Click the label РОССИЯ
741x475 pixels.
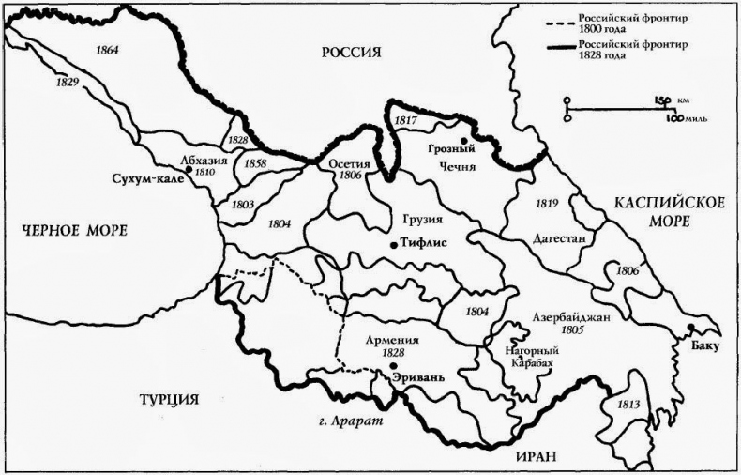coord(351,53)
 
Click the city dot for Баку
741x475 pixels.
coord(690,328)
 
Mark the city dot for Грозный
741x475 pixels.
coord(462,140)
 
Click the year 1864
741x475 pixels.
coord(108,49)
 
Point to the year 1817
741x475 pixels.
coord(406,120)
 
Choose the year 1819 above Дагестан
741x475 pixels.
coord(547,203)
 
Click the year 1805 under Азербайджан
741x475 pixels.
coord(570,330)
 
